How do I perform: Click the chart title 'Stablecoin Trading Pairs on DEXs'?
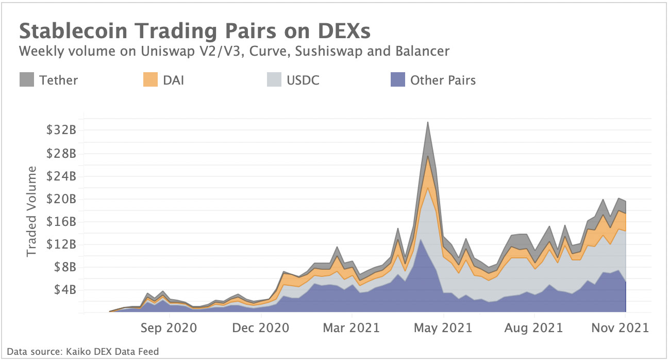pos(195,31)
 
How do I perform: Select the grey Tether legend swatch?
pos(27,80)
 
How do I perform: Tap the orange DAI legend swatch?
pos(150,80)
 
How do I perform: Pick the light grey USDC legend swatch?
pos(273,80)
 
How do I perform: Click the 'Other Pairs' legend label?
pos(443,80)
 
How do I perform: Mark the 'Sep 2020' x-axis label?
pos(169,328)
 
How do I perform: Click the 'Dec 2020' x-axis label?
pos(260,328)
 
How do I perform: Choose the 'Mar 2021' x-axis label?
pos(352,328)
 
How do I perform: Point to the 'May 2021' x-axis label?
pos(443,328)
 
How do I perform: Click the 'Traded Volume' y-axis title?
pos(32,211)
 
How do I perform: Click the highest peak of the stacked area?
pos(427,123)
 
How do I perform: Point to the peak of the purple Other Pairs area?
pos(421,239)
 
